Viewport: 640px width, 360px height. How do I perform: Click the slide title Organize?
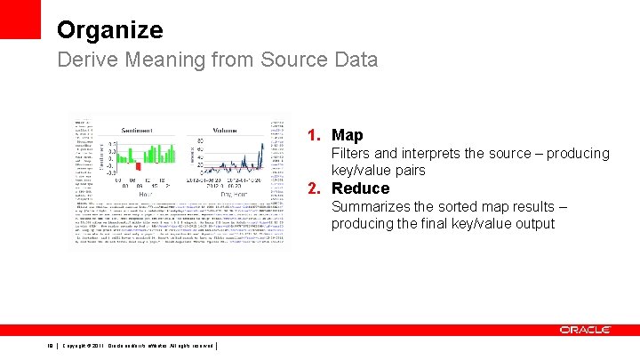click(x=109, y=29)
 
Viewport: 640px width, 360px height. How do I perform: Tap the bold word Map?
click(x=347, y=135)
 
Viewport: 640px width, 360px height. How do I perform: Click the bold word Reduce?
click(x=360, y=188)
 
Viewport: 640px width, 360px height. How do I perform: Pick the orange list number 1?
click(x=314, y=135)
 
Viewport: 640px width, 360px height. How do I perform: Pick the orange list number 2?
click(x=314, y=188)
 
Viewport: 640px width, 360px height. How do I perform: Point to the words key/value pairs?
click(x=379, y=170)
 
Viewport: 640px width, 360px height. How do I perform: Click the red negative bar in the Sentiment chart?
click(x=138, y=166)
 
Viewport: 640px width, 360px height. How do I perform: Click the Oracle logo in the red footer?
click(x=585, y=330)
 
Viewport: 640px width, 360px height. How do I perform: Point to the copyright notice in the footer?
click(x=138, y=346)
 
